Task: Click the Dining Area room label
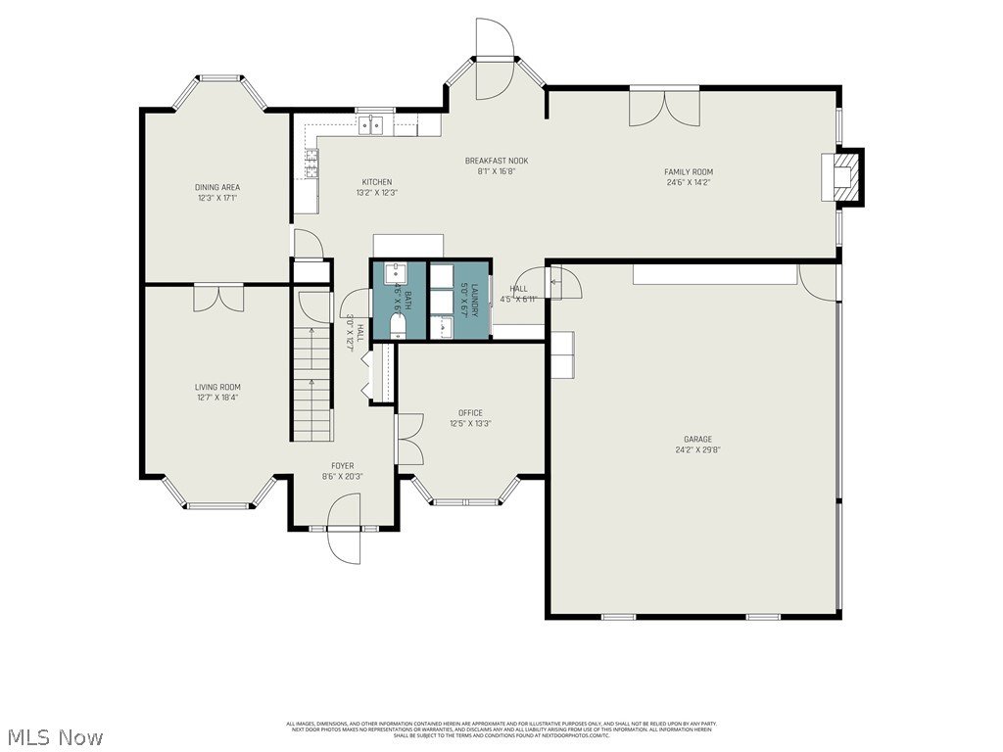coord(217,187)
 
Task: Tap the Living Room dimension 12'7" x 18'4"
coord(217,398)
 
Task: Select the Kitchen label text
coord(377,182)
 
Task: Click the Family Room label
coord(689,171)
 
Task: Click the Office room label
coord(470,413)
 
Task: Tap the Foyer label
coord(343,466)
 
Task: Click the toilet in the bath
coord(399,325)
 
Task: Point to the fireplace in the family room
coord(844,176)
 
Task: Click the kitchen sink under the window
coord(370,124)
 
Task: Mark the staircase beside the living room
coord(311,384)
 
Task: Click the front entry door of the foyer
coord(345,529)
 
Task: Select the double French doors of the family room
coord(664,106)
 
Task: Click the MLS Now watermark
coord(55,736)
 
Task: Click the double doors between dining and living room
coord(217,297)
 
